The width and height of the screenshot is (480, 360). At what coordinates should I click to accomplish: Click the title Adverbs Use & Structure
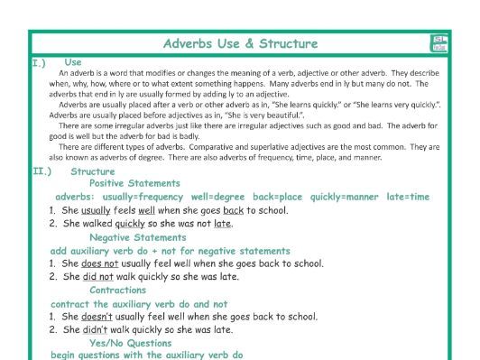click(x=240, y=43)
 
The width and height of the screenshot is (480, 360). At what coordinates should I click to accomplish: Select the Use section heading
click(x=73, y=62)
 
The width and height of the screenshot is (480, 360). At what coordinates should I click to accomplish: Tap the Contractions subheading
click(x=117, y=290)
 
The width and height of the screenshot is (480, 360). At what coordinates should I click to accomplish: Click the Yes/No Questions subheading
click(x=131, y=343)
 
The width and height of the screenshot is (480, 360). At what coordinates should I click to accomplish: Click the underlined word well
click(x=147, y=210)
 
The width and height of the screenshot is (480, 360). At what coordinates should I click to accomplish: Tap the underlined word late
click(x=221, y=224)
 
